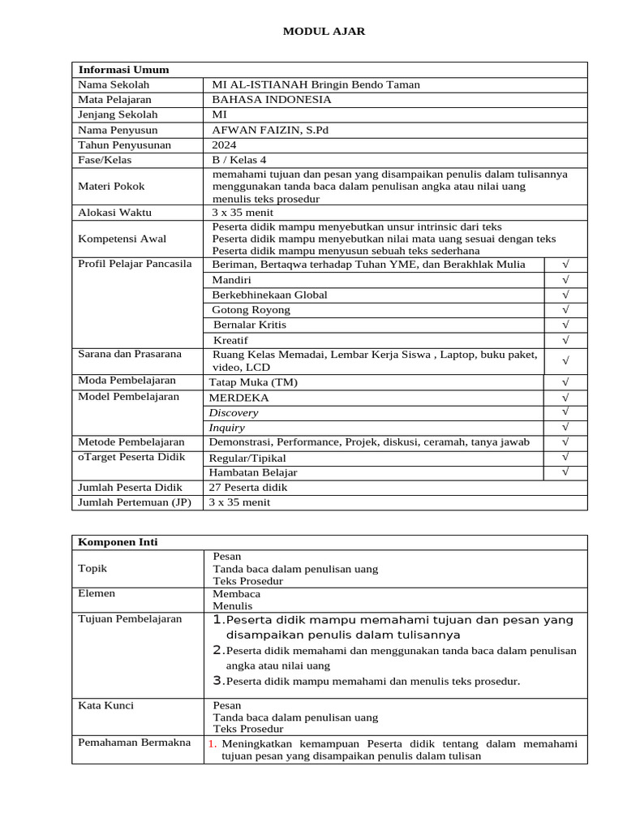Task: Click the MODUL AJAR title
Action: click(x=324, y=32)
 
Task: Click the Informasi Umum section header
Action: click(x=123, y=70)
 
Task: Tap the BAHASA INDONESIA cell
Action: click(x=271, y=100)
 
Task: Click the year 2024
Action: click(x=225, y=144)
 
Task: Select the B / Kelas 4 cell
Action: click(x=238, y=160)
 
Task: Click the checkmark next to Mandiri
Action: click(x=565, y=280)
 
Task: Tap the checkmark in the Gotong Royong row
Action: click(x=565, y=310)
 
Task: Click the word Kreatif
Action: click(x=230, y=340)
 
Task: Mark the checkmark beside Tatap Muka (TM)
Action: click(x=565, y=382)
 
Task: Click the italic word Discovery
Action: click(x=234, y=413)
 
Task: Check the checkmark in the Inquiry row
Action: click(x=565, y=428)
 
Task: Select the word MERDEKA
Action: click(x=238, y=398)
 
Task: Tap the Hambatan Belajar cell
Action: click(x=253, y=472)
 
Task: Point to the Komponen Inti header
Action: click(x=117, y=542)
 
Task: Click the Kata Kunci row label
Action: click(x=106, y=705)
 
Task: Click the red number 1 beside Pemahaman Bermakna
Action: click(x=213, y=744)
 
